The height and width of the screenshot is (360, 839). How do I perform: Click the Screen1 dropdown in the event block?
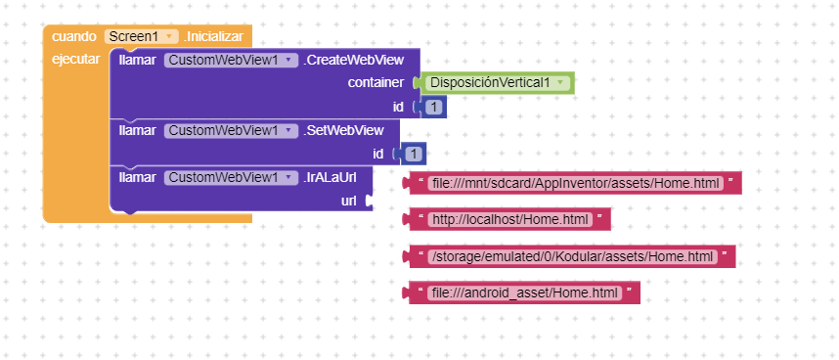(x=141, y=36)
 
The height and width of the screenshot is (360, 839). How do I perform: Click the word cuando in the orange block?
(x=74, y=36)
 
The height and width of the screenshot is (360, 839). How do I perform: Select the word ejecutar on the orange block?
(x=74, y=60)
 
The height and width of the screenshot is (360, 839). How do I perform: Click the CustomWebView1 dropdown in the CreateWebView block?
(x=231, y=61)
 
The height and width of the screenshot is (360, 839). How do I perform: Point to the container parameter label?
(x=376, y=83)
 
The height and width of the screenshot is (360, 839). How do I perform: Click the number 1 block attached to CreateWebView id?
(x=433, y=107)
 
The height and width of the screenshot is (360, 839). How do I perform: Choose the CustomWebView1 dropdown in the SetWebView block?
(x=231, y=130)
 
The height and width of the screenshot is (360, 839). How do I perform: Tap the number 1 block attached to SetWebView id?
(x=414, y=154)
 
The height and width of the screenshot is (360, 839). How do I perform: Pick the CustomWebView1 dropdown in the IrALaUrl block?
(x=231, y=177)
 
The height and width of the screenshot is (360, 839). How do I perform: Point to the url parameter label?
(x=348, y=201)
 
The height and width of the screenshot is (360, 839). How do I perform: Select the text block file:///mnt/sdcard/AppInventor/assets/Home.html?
(x=574, y=183)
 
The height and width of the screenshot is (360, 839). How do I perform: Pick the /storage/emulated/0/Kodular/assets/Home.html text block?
(x=571, y=256)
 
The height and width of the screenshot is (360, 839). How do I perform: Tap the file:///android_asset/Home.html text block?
(x=523, y=292)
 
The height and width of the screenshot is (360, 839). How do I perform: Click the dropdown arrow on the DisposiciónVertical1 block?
(x=559, y=83)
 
